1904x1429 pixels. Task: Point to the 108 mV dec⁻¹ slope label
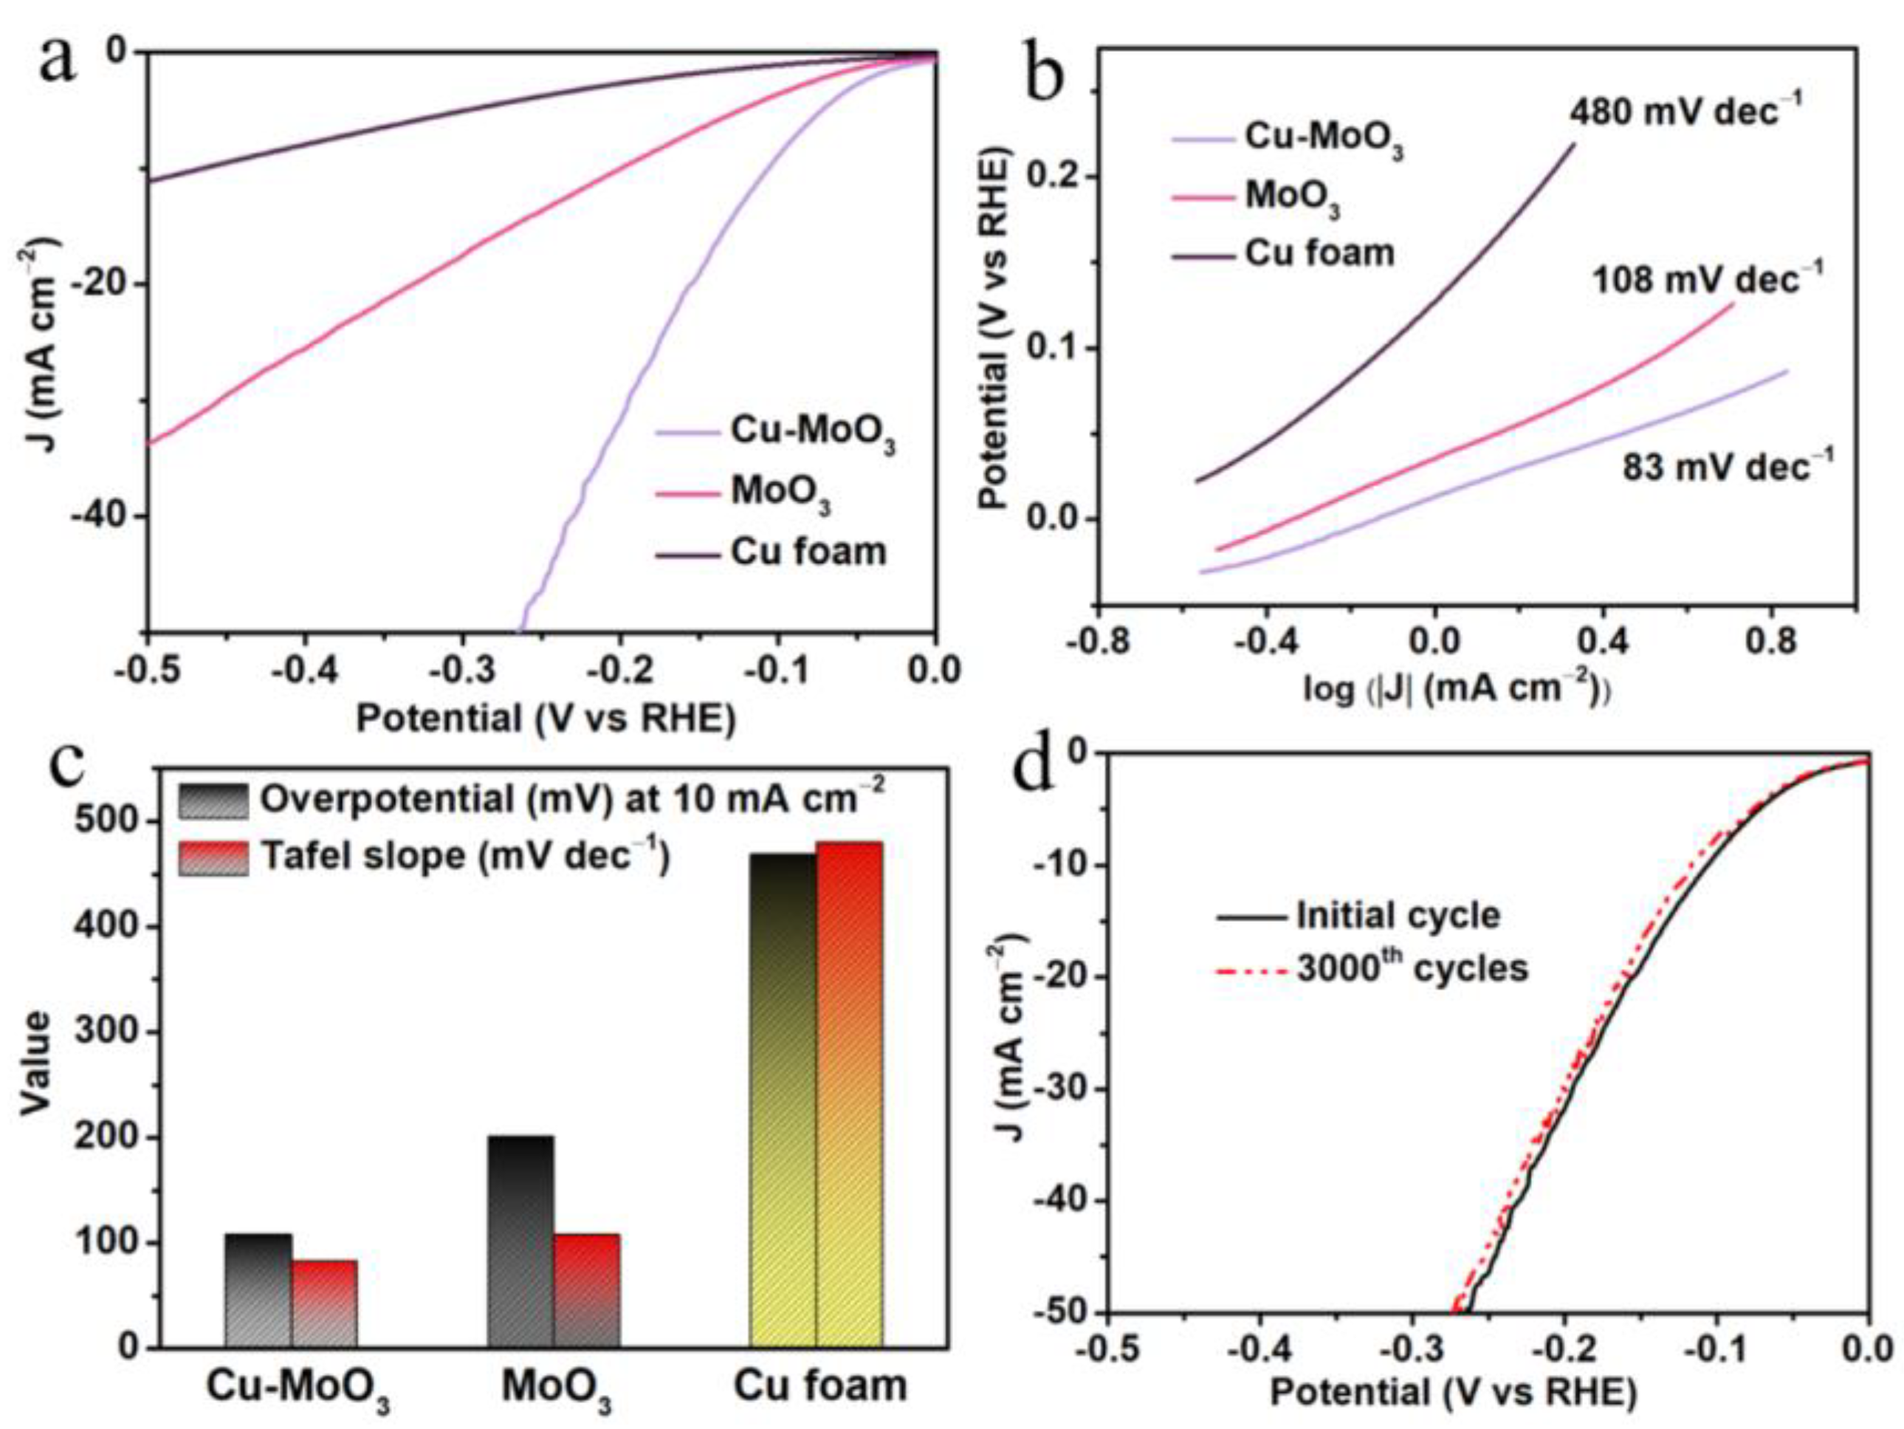[x=1708, y=280]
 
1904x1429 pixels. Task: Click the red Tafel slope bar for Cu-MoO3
[x=325, y=1303]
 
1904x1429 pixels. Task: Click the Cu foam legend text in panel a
[x=808, y=552]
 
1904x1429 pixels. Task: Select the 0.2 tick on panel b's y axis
[x=1053, y=177]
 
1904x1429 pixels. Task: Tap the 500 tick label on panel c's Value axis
[x=107, y=820]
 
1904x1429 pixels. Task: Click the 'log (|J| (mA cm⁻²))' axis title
[x=1457, y=689]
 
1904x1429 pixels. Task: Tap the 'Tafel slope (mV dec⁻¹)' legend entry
[x=465, y=856]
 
